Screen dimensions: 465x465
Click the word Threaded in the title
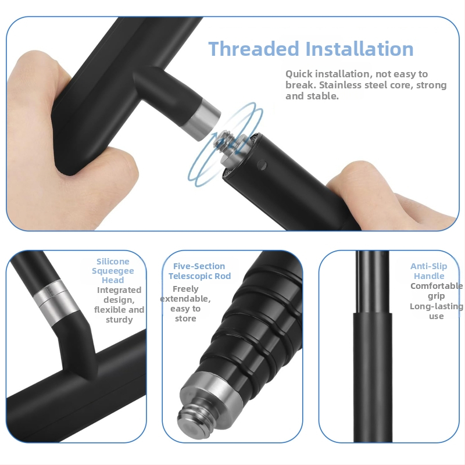tap(253, 49)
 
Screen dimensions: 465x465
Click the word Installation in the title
tap(359, 49)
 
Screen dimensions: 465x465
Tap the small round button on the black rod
tap(262, 165)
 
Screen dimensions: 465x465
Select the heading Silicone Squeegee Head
tap(113, 271)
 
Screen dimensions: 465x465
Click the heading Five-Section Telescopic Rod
tap(199, 271)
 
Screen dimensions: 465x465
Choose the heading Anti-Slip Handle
tap(429, 271)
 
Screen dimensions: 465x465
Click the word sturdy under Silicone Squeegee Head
tap(119, 320)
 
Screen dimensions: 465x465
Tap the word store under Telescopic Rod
tap(185, 319)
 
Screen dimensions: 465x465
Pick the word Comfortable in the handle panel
tap(437, 286)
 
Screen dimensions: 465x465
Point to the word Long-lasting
tap(437, 306)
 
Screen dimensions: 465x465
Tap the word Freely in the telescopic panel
tap(185, 289)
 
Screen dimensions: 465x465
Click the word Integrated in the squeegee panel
tap(119, 290)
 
